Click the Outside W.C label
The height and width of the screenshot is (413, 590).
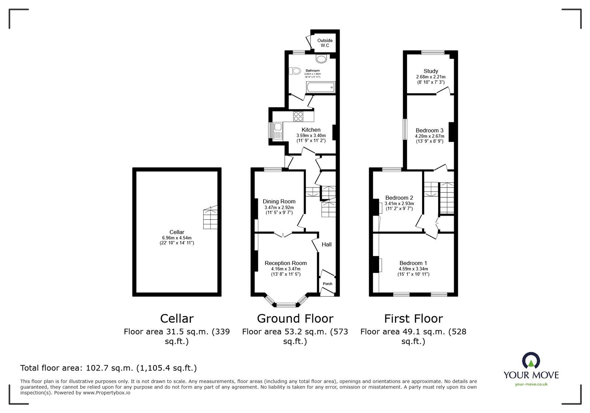tap(325, 43)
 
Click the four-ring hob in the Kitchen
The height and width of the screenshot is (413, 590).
tap(298, 116)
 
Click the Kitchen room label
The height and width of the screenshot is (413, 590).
tap(311, 130)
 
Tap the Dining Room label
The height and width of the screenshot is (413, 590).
tap(279, 202)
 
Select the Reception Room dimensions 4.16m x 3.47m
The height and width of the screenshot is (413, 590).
tap(285, 269)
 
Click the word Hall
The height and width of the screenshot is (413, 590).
tap(326, 244)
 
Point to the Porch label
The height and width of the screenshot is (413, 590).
tap(327, 284)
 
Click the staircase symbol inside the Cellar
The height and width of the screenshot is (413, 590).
tap(210, 218)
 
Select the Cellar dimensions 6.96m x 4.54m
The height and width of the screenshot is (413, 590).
tap(177, 238)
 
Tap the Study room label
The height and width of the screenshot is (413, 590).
tap(431, 71)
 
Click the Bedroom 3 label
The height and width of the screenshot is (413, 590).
tap(429, 130)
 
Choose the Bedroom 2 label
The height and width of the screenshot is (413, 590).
tap(399, 198)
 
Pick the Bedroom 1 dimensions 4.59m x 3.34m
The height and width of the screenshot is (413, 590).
tap(413, 269)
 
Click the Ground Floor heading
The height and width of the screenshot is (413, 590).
tap(295, 319)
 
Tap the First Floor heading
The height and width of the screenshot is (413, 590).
tap(413, 319)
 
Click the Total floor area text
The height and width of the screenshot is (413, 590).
tap(108, 368)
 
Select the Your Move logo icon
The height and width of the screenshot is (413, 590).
tap(531, 361)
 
